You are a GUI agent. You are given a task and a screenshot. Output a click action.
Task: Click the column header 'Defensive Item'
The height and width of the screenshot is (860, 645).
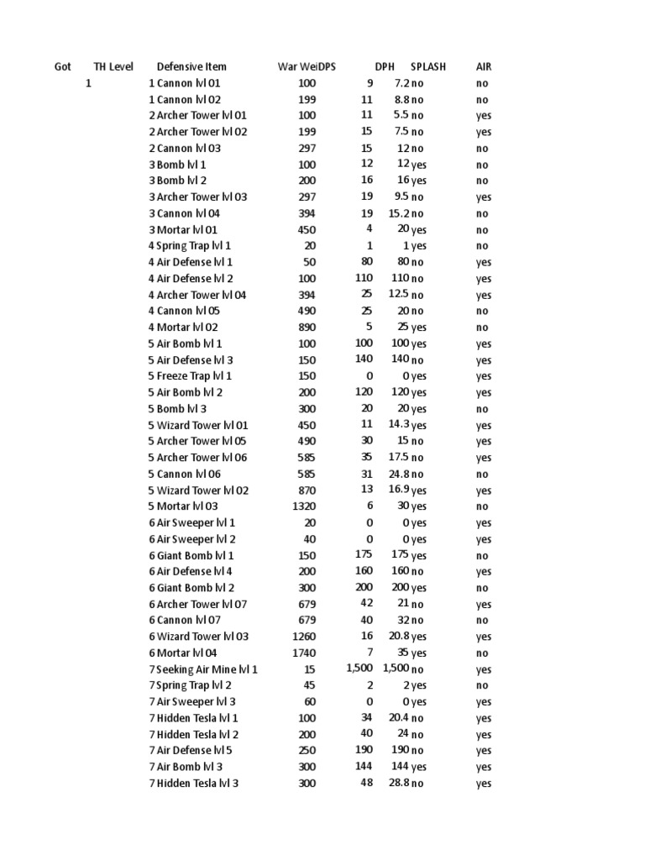191,66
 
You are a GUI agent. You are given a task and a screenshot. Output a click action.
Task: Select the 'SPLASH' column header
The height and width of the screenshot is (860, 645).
428,66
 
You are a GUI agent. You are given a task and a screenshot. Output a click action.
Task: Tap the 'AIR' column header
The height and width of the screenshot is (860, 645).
484,66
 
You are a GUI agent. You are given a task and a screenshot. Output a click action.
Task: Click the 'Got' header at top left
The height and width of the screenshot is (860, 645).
63,66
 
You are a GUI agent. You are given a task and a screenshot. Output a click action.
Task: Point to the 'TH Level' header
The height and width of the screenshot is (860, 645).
113,66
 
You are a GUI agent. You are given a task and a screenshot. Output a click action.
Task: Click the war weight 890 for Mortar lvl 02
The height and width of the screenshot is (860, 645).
307,328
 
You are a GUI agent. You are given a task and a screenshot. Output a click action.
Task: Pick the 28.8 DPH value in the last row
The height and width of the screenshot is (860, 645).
399,784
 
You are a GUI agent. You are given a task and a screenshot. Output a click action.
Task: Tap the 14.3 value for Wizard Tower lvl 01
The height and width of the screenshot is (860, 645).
399,425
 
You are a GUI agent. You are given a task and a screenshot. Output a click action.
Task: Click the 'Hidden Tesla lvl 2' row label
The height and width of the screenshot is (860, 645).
193,734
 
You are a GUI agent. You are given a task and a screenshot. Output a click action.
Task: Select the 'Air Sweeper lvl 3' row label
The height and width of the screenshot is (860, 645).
192,702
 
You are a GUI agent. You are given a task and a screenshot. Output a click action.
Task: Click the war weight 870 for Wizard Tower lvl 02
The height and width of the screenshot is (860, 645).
307,490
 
